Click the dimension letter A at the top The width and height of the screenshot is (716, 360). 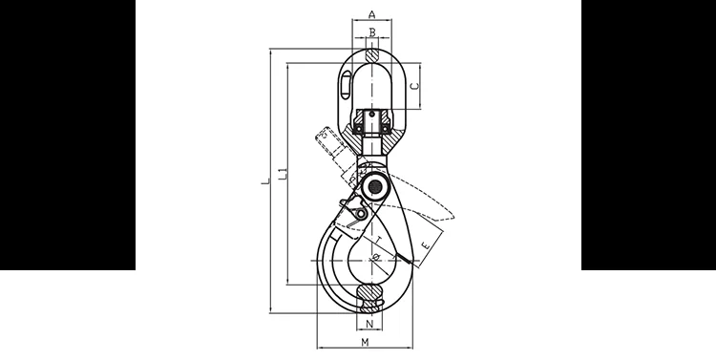(370, 14)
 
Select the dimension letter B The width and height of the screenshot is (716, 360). (370, 33)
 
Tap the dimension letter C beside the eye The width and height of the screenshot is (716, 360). (413, 86)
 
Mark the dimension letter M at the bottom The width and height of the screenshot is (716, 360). (367, 343)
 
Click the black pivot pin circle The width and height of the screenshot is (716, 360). (371, 186)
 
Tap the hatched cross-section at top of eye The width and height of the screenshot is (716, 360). (370, 54)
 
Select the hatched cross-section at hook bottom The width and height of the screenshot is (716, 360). (368, 294)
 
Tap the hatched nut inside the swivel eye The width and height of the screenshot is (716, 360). (370, 122)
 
